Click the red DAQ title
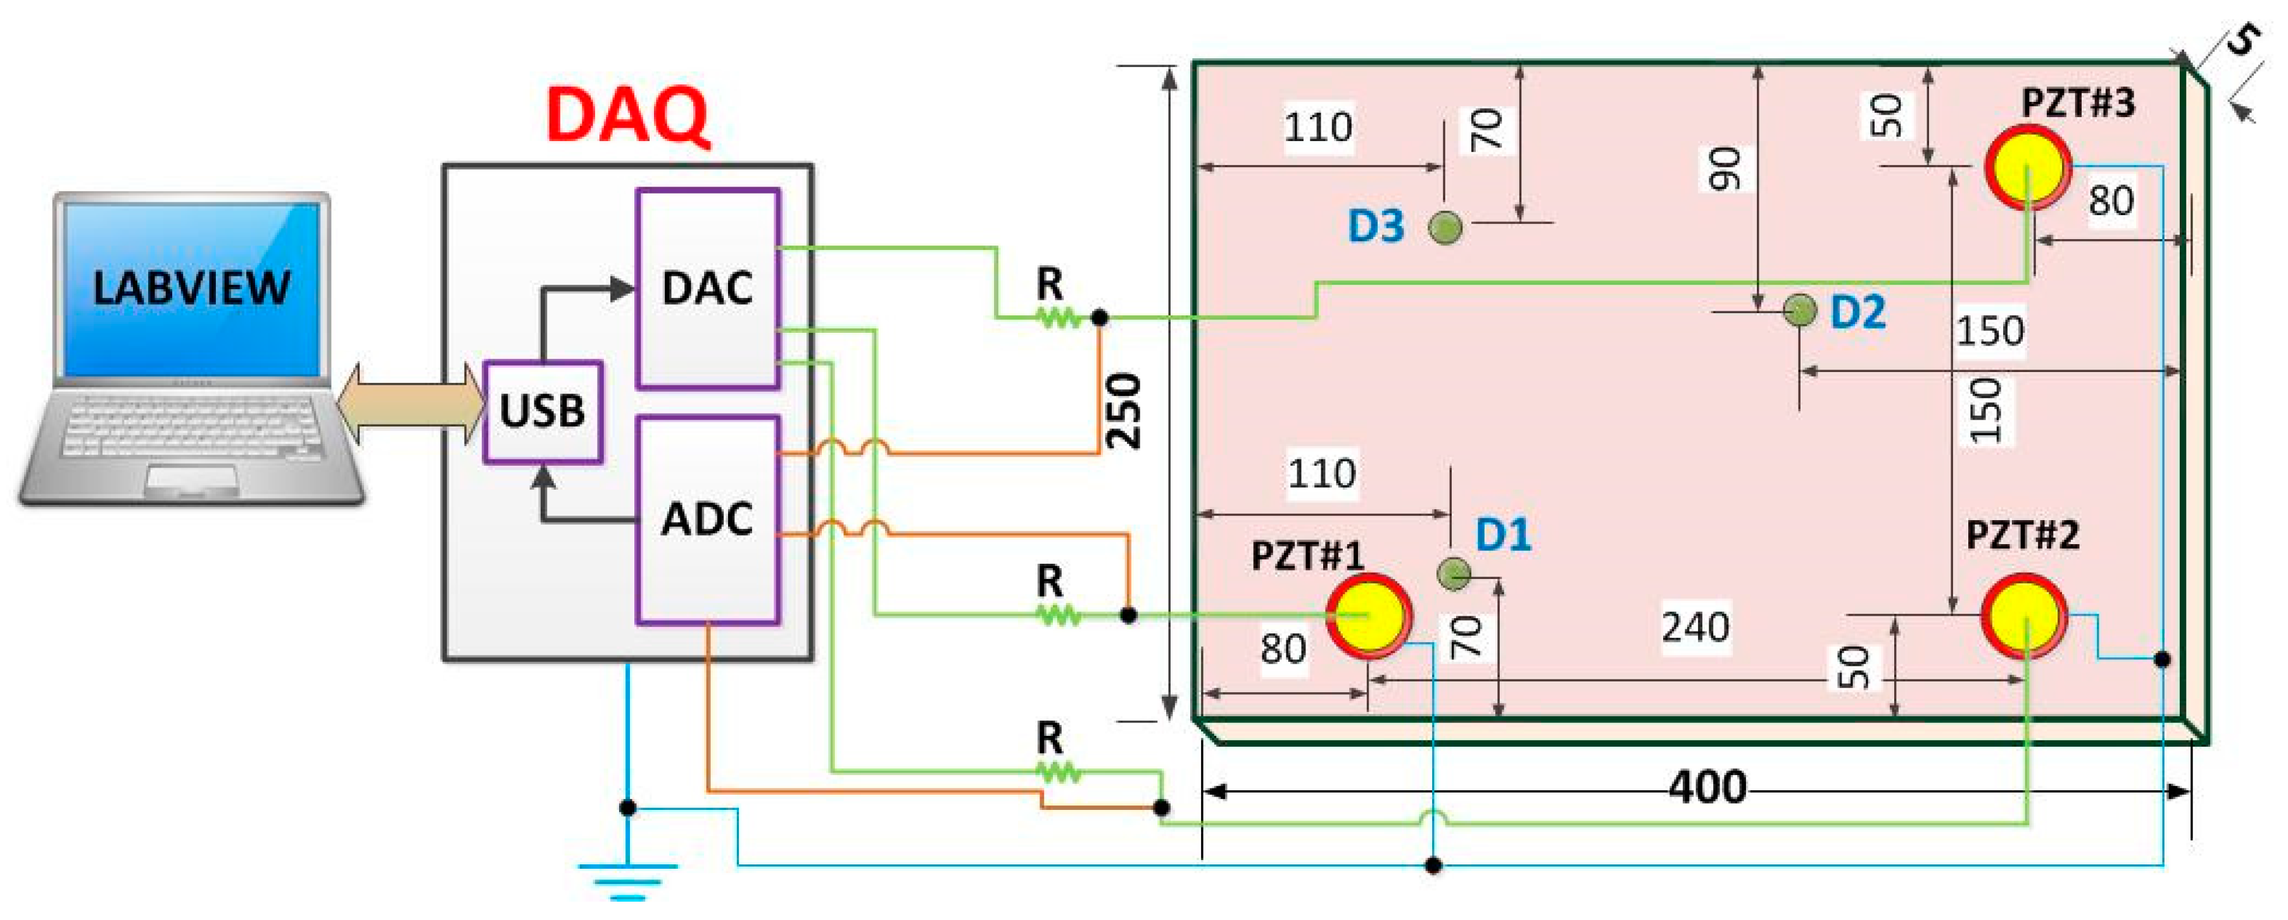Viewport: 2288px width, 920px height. click(x=628, y=114)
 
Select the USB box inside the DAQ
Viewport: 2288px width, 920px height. click(x=543, y=411)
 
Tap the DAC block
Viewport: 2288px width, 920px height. click(x=708, y=288)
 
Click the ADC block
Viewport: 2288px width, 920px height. click(x=708, y=519)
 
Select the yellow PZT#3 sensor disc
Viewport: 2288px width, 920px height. click(x=2028, y=168)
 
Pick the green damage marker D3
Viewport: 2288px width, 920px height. click(x=1445, y=227)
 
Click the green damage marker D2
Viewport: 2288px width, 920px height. click(x=1799, y=310)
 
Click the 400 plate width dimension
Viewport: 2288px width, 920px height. click(x=1706, y=786)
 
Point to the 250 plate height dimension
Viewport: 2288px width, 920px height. click(x=1124, y=410)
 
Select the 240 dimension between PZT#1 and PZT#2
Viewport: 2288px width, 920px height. click(x=1695, y=628)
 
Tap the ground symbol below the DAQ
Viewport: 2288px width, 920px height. click(x=628, y=879)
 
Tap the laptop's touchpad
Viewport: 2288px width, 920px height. click(x=192, y=478)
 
